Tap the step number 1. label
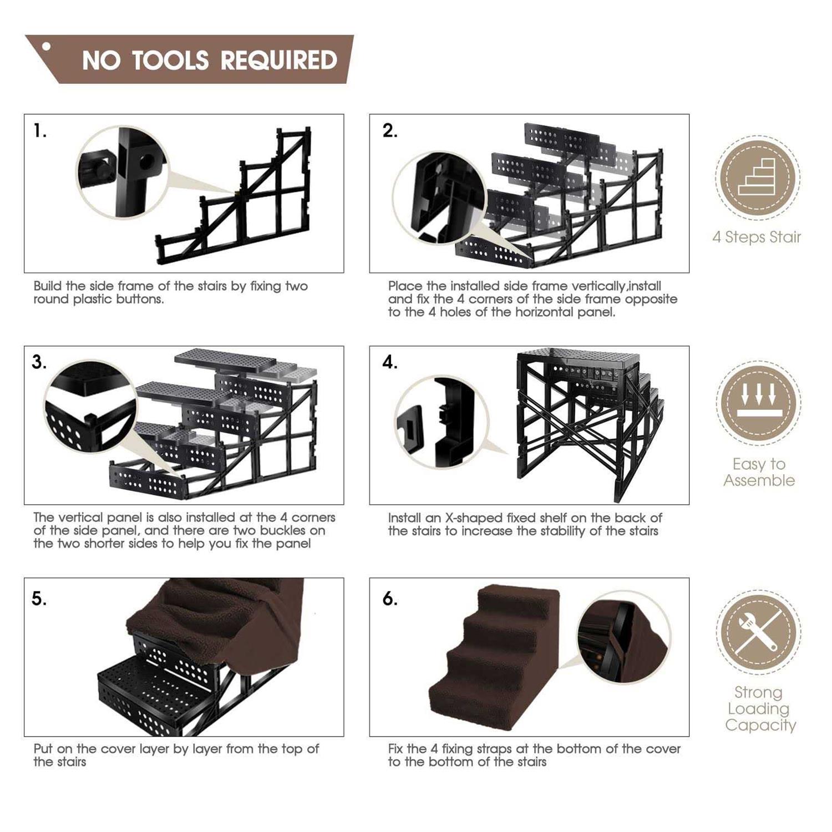[40, 131]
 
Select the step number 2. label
[390, 131]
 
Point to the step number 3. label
[39, 362]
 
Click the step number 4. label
[390, 362]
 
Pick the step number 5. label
[39, 599]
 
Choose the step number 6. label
[390, 599]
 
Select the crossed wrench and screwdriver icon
[758, 632]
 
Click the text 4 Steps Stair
[757, 237]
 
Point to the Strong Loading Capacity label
[760, 708]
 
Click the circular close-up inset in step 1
[121, 173]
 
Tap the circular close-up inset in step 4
[442, 422]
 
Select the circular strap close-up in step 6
[624, 637]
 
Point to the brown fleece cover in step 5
[222, 616]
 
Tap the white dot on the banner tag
[47, 47]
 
